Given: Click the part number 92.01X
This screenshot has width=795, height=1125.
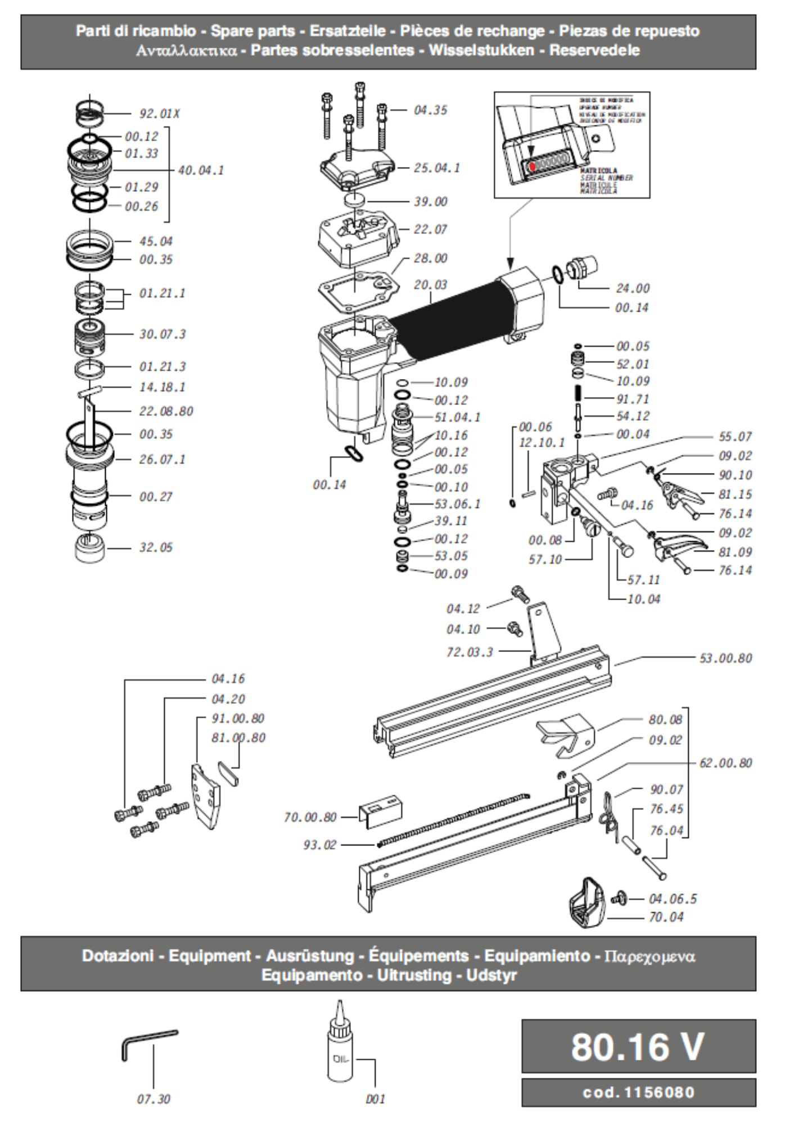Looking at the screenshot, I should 159,114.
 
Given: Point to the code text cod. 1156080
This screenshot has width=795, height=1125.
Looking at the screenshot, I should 638,1092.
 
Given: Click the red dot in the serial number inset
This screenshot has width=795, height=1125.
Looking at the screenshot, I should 532,166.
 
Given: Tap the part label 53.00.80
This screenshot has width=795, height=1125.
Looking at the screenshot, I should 725,658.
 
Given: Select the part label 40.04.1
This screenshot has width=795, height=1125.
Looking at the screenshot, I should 201,170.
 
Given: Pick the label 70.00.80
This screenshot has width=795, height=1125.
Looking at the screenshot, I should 310,817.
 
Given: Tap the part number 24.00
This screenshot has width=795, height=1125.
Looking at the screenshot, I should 633,289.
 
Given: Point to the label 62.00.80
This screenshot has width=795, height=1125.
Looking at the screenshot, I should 725,763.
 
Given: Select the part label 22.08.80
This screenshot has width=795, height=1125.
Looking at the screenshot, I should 166,411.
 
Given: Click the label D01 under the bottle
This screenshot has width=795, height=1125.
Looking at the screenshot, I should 375,1099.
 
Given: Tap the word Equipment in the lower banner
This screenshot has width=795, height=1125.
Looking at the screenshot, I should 209,956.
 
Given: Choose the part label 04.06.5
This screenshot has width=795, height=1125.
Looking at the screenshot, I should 672,899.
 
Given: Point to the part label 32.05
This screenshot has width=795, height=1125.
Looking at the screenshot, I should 156,547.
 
